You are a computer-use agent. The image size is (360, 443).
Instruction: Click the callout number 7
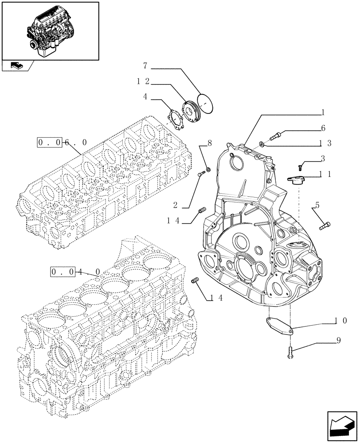coord(145,66)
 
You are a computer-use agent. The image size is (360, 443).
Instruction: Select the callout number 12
coord(142,82)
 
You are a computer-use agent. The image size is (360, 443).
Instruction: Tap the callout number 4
coord(145,96)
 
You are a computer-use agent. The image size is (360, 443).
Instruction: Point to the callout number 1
coord(323,113)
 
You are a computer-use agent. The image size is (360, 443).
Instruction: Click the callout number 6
coord(323,128)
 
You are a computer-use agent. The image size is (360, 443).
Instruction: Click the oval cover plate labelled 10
coord(278,326)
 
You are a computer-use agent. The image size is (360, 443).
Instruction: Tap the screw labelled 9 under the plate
coord(290,352)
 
